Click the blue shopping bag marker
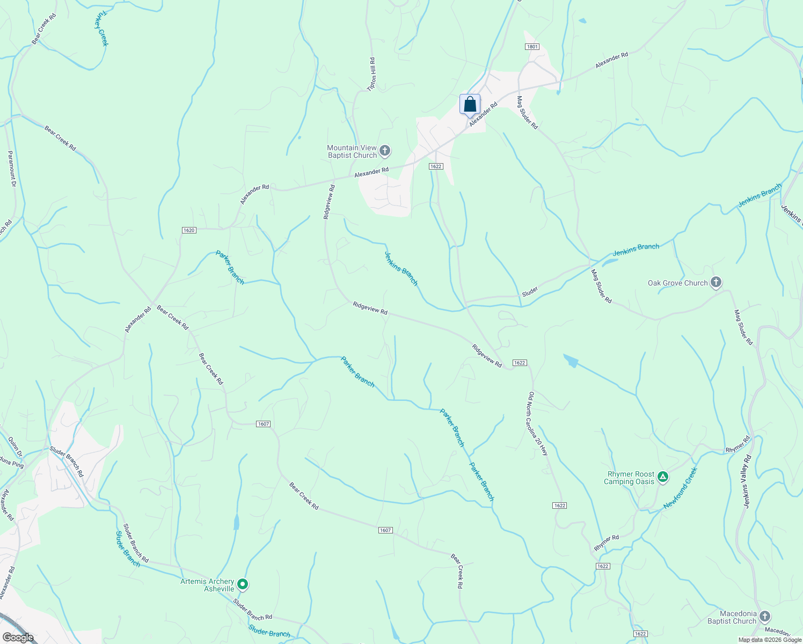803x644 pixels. click(x=470, y=105)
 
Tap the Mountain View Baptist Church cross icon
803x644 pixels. click(x=384, y=151)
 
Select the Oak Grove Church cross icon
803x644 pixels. click(x=716, y=282)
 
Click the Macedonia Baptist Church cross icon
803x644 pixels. click(x=765, y=617)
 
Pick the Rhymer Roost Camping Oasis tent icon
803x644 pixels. click(x=663, y=477)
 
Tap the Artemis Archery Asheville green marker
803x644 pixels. click(x=243, y=584)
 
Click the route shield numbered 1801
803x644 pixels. click(x=532, y=47)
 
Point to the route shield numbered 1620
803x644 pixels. click(x=189, y=230)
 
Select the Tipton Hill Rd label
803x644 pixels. click(x=371, y=74)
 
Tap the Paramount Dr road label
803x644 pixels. click(x=11, y=169)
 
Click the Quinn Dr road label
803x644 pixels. click(x=15, y=446)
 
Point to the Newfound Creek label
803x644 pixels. click(x=680, y=488)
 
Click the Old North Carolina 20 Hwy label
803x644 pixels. click(x=538, y=424)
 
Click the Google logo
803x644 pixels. click(x=18, y=637)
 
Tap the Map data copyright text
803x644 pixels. click(x=769, y=640)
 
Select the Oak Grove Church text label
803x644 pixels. click(x=677, y=283)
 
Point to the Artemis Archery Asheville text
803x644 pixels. click(x=207, y=585)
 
